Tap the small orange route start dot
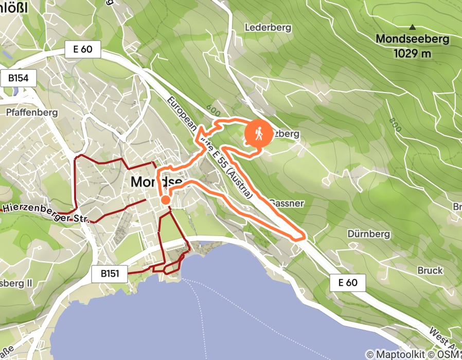(166, 200)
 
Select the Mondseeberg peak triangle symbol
(412, 27)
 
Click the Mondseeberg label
(412, 39)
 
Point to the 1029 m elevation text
(412, 52)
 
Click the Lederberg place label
(268, 27)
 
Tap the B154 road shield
(22, 79)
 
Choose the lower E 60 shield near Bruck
(348, 282)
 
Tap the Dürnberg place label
(368, 234)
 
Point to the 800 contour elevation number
(395, 125)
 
